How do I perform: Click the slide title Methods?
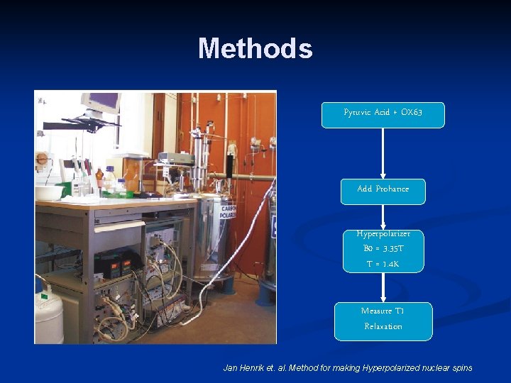coord(255,49)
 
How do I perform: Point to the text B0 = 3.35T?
coord(383,249)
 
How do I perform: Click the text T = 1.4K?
coord(383,265)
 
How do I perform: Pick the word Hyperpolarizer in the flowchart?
coord(383,234)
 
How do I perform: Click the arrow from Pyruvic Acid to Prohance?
coord(383,153)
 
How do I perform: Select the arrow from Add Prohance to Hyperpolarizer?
coord(383,217)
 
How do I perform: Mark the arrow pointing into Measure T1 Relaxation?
coord(383,288)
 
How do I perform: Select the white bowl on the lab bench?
coord(49,192)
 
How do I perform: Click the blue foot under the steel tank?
coord(226,285)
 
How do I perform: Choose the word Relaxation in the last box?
coord(383,327)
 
